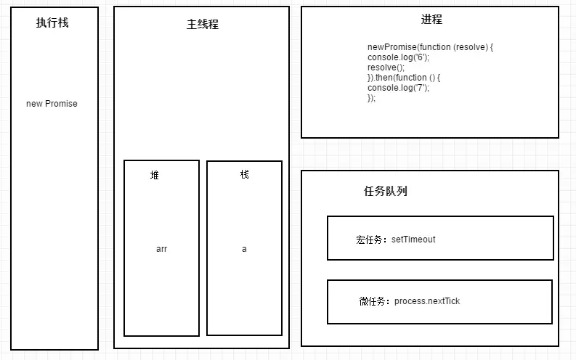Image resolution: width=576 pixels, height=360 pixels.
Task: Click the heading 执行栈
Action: [x=52, y=22]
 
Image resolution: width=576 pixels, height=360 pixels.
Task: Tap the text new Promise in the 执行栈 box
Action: [x=52, y=104]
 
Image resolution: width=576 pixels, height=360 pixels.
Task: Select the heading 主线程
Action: [x=202, y=24]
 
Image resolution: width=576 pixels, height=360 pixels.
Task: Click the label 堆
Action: [x=155, y=175]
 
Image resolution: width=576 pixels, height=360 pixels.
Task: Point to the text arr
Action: [x=161, y=249]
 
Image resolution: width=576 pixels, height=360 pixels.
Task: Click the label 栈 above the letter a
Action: [x=244, y=174]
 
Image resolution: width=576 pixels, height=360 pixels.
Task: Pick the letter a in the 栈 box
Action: [x=244, y=249]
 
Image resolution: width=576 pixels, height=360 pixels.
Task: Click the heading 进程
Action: [x=431, y=20]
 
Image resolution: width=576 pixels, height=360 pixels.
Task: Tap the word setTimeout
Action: [x=413, y=240]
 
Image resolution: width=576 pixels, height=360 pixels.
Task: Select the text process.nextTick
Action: [x=427, y=301]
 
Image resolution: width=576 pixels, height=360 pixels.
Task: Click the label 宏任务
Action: [x=371, y=240]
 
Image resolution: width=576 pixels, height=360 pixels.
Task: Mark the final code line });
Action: [x=372, y=98]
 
